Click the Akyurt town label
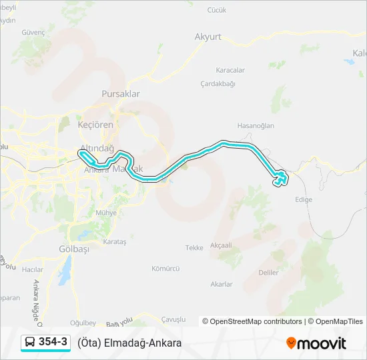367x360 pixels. [208, 37]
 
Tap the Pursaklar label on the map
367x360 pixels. [121, 94]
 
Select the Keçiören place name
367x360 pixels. [96, 125]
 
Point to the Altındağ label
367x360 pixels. [97, 147]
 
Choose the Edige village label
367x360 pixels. [303, 199]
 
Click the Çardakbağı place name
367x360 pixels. [218, 84]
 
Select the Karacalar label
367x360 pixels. [230, 70]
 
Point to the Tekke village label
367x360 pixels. [194, 247]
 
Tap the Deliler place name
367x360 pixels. [268, 273]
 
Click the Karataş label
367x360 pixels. [115, 242]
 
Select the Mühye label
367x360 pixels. [106, 213]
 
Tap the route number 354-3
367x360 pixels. [53, 343]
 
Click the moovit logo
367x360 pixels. [316, 343]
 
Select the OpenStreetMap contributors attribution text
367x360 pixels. [252, 321]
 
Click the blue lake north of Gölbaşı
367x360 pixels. [65, 269]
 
